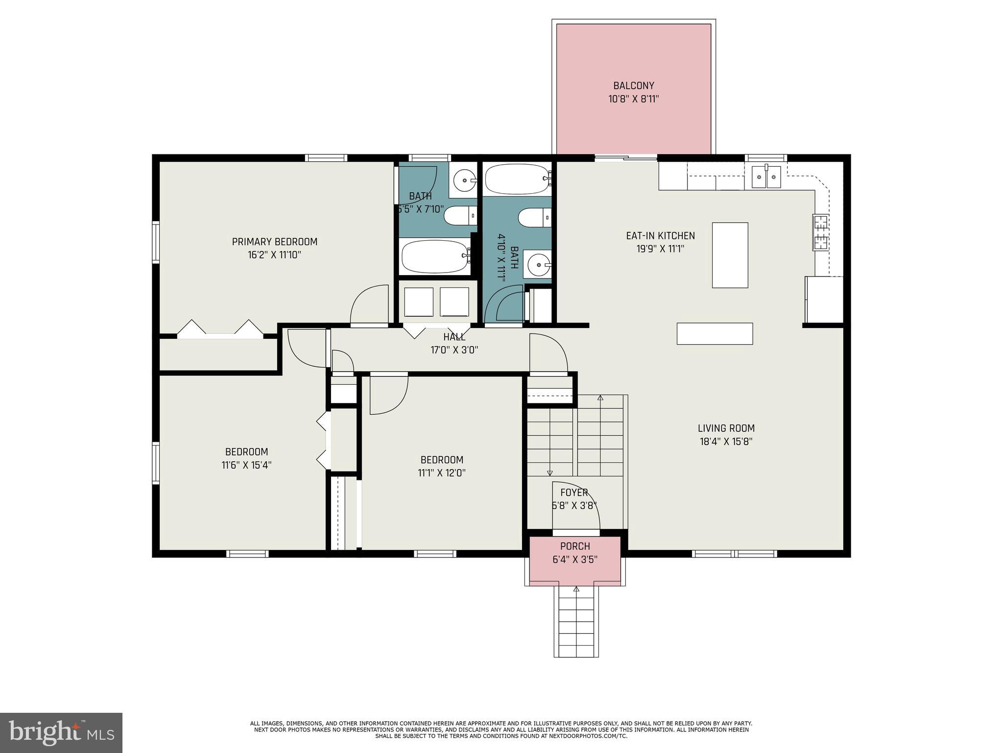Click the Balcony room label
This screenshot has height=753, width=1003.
pyautogui.click(x=634, y=86)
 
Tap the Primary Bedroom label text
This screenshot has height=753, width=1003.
pyautogui.click(x=274, y=242)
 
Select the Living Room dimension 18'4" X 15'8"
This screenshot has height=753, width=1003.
pyautogui.click(x=726, y=441)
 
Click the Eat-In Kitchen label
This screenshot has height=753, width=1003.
pyautogui.click(x=660, y=236)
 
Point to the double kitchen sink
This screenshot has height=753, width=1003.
pyautogui.click(x=766, y=177)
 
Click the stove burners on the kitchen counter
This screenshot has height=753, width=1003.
pyautogui.click(x=821, y=232)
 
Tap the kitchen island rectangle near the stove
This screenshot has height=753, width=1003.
pyautogui.click(x=730, y=255)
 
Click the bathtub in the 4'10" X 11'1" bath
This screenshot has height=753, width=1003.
pyautogui.click(x=518, y=179)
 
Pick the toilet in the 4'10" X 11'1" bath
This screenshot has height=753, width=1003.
pyautogui.click(x=534, y=218)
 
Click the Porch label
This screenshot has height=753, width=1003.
pyautogui.click(x=575, y=546)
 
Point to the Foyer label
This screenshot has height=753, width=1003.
pyautogui.click(x=574, y=492)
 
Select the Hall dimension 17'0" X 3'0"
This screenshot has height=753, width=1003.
pyautogui.click(x=454, y=350)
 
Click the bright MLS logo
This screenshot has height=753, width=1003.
pyautogui.click(x=61, y=732)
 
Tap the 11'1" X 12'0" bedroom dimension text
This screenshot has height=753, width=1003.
pyautogui.click(x=442, y=473)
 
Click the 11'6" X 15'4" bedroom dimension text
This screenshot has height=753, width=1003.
pyautogui.click(x=246, y=465)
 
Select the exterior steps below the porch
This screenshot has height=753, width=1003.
pyautogui.click(x=576, y=621)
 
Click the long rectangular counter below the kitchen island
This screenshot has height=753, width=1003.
pyautogui.click(x=715, y=333)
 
